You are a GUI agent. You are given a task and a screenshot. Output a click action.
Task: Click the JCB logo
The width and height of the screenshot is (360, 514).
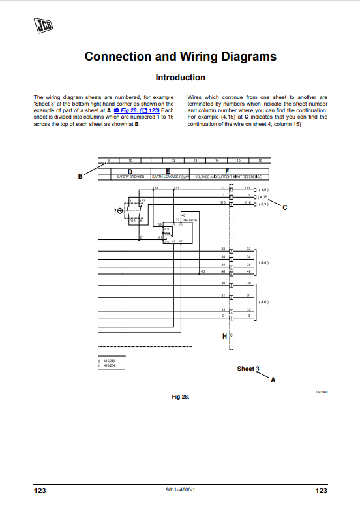(x=44, y=25)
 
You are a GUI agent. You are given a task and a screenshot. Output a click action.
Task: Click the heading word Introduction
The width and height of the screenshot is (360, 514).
(x=180, y=78)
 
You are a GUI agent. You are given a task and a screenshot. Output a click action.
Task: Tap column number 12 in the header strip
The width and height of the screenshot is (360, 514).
(x=173, y=160)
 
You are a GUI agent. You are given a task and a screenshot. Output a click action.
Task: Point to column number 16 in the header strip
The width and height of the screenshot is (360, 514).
(x=260, y=160)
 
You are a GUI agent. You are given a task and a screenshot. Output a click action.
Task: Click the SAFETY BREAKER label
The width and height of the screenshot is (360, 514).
(x=130, y=177)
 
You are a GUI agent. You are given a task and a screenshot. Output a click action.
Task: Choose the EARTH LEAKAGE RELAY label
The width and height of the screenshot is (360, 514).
(x=170, y=177)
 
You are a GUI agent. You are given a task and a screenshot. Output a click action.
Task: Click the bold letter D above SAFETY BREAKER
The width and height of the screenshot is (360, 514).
(x=130, y=171)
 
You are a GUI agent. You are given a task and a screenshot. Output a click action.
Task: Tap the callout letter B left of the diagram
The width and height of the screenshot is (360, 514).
(x=80, y=175)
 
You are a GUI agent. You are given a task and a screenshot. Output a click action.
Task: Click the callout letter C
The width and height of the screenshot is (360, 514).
(x=284, y=207)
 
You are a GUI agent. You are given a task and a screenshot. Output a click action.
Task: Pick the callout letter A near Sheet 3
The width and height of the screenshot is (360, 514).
(x=273, y=380)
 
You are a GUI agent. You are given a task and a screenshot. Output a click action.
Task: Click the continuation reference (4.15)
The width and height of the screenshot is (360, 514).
(x=263, y=196)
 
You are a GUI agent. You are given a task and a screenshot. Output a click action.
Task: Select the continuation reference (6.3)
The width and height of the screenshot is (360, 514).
(x=263, y=204)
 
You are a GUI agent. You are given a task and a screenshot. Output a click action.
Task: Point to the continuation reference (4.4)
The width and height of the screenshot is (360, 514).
(x=263, y=262)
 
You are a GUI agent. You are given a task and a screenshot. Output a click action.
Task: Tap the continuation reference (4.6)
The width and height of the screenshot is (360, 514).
(x=263, y=302)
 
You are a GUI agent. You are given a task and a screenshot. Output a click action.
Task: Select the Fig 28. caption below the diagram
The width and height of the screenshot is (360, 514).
(x=180, y=397)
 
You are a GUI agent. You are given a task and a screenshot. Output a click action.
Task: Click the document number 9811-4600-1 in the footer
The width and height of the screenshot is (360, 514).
(x=181, y=491)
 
